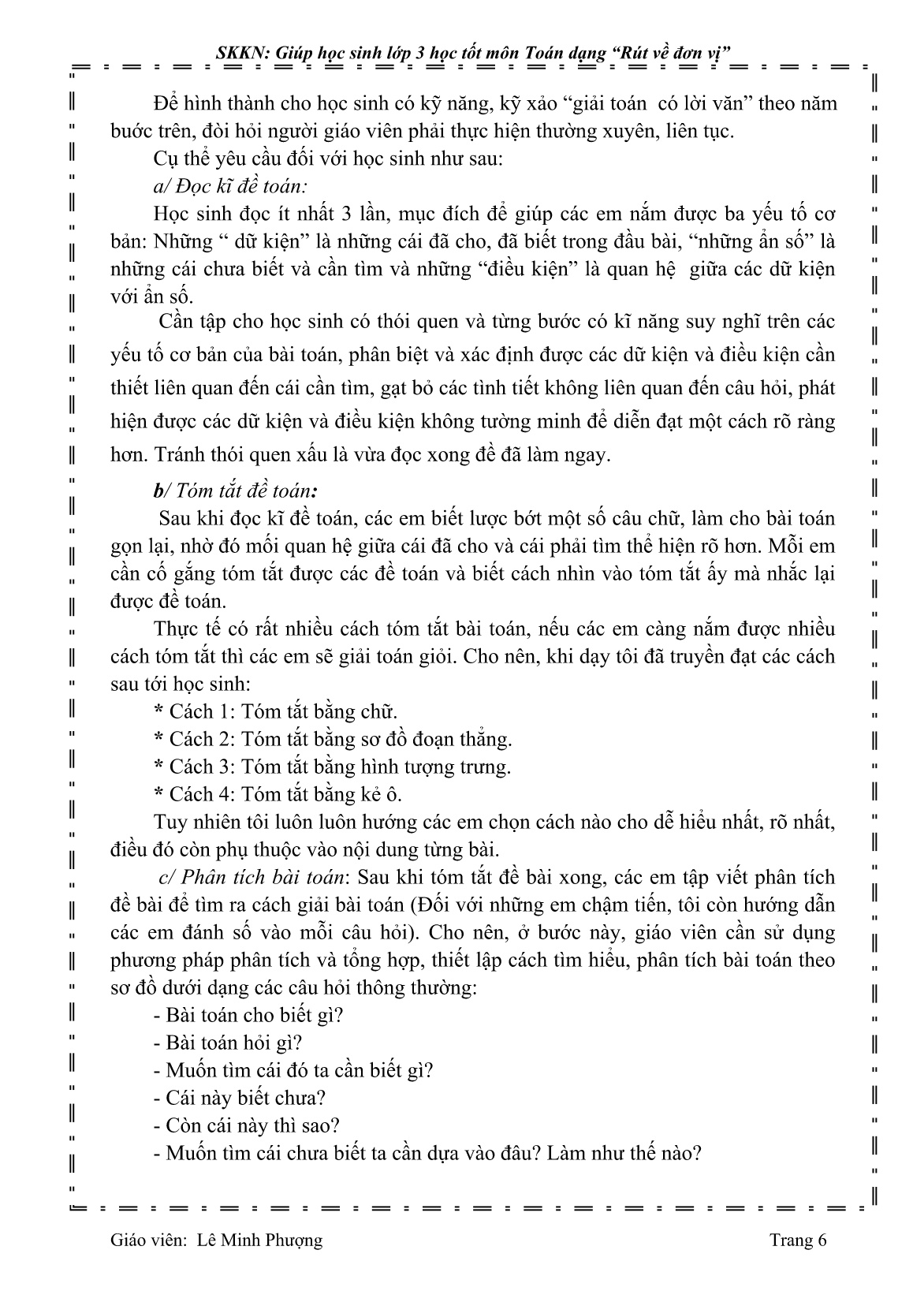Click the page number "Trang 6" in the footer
(x=798, y=1240)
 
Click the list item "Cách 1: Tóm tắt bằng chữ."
(x=276, y=711)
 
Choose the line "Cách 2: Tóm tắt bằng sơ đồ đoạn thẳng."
(x=333, y=739)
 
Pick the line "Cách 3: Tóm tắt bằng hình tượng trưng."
(x=333, y=767)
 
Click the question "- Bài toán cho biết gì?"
(x=248, y=1015)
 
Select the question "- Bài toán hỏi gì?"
(x=228, y=1043)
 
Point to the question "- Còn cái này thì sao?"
(x=247, y=1125)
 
